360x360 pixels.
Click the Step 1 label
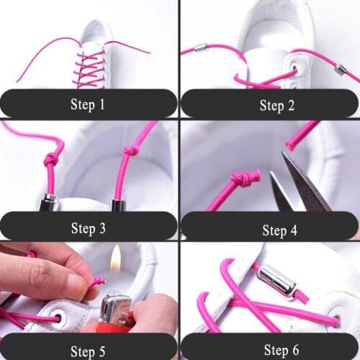(88, 104)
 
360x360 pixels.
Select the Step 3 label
(88, 228)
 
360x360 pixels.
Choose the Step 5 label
(88, 351)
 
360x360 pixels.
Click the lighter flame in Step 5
(115, 259)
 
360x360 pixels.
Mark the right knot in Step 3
(130, 151)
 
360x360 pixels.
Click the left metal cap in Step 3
(49, 203)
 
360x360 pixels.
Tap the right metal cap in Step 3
(118, 205)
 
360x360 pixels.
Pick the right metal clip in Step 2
(341, 70)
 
